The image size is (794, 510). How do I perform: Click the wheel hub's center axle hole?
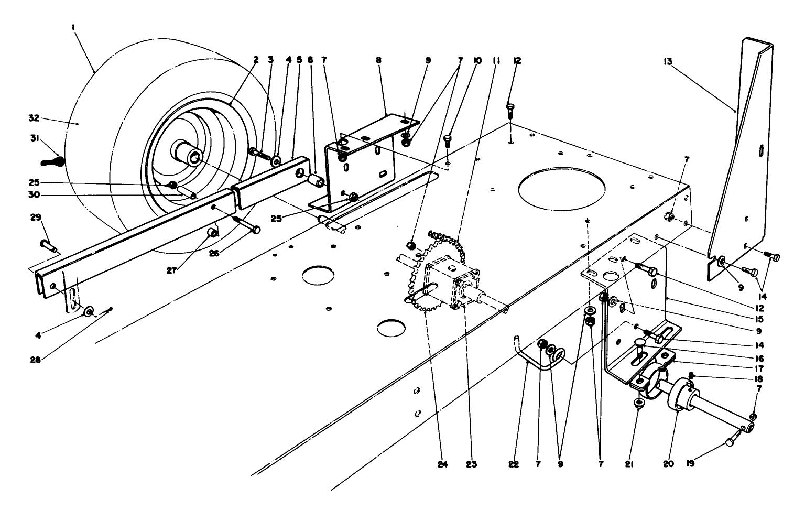(x=195, y=156)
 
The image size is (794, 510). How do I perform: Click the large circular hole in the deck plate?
(x=561, y=187)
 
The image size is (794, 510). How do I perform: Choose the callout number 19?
(x=690, y=463)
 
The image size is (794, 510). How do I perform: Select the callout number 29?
(x=45, y=217)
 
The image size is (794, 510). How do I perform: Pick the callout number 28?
(x=36, y=360)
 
